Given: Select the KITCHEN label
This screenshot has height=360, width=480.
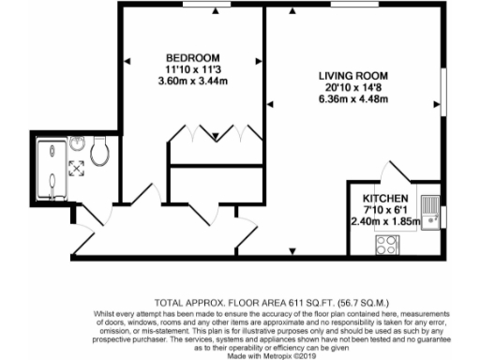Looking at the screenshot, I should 385,199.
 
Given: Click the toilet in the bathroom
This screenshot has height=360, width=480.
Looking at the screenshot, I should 100,151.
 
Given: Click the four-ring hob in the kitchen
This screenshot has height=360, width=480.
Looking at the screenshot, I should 386,246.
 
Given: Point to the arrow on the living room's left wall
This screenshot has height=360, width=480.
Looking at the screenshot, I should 269,103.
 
